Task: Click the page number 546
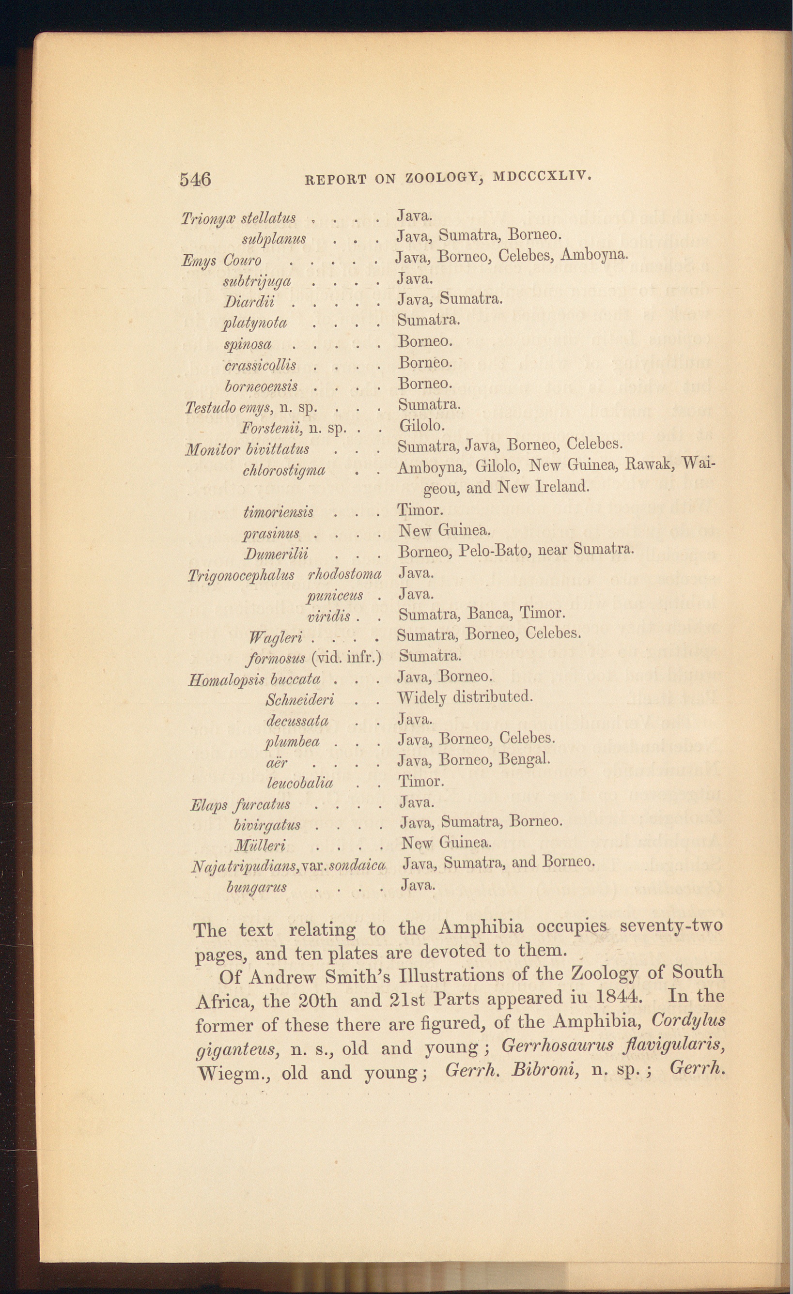click(195, 180)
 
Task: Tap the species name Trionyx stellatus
click(238, 218)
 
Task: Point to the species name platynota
click(255, 323)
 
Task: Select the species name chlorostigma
click(283, 470)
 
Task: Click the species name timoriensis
click(279, 511)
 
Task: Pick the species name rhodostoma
click(344, 574)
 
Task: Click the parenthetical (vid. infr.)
click(346, 657)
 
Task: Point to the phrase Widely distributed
click(465, 697)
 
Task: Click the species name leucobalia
click(299, 783)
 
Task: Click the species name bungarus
click(256, 886)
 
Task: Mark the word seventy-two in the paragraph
click(670, 925)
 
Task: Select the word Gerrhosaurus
click(557, 1045)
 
